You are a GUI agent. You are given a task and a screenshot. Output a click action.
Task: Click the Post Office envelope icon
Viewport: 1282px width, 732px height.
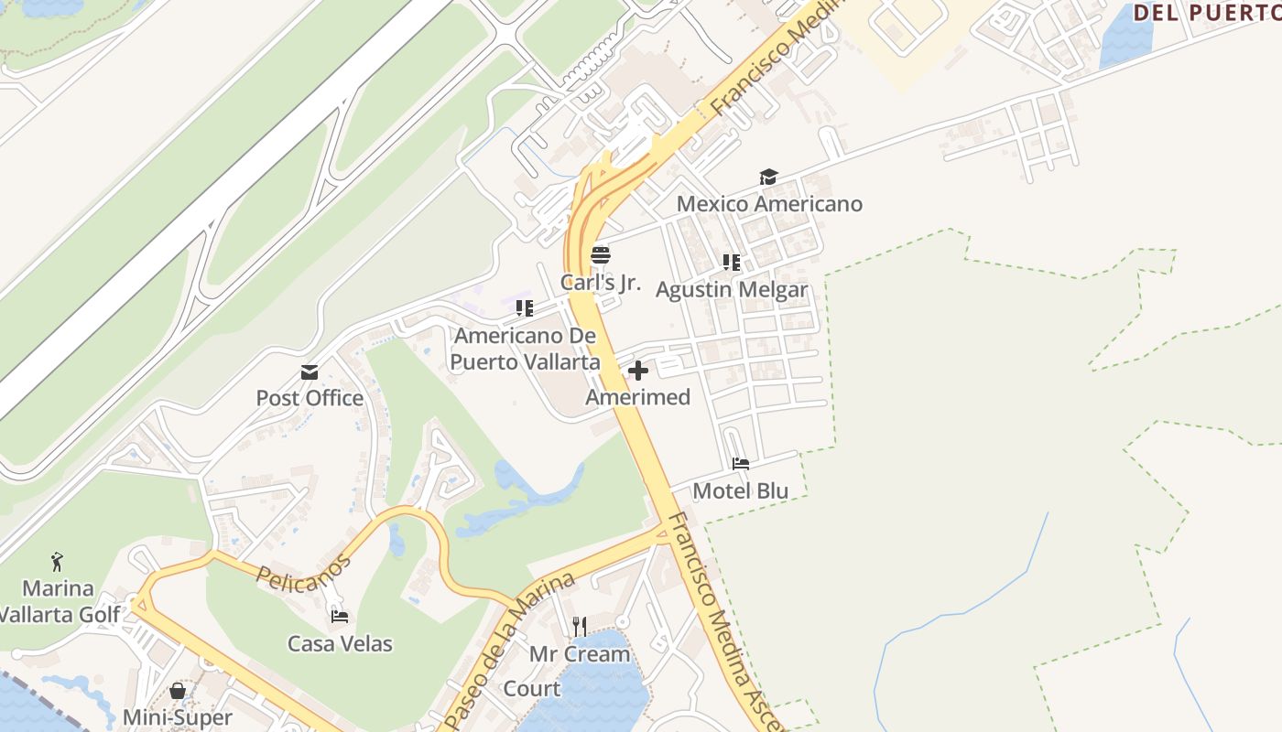tap(310, 372)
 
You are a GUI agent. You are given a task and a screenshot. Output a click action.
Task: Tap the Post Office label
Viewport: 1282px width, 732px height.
tap(310, 398)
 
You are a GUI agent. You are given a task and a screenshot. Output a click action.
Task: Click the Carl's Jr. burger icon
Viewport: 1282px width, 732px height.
tap(601, 255)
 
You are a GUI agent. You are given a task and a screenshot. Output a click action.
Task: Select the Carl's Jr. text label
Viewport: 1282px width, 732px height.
tap(601, 282)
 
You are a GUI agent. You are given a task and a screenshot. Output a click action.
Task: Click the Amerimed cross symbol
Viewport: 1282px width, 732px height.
tap(638, 371)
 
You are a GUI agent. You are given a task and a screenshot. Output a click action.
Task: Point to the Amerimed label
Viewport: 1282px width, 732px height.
tap(638, 397)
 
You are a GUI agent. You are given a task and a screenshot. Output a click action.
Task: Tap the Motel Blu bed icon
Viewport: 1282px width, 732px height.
tap(741, 464)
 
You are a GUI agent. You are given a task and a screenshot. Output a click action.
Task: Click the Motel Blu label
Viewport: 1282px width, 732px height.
tap(741, 490)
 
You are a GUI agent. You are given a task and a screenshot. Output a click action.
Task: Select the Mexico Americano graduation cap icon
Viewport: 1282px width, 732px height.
tap(768, 178)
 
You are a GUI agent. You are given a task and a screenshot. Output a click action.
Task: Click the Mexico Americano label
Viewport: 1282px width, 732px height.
tap(769, 203)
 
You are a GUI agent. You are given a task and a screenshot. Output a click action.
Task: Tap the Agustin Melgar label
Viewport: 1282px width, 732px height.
tap(732, 289)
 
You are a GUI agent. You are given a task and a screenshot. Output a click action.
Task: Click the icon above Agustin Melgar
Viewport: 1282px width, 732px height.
tap(731, 263)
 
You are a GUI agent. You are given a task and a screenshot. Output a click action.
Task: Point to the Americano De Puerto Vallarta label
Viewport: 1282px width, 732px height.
tap(525, 349)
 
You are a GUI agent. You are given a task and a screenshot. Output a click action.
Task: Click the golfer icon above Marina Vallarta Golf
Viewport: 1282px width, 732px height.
tap(58, 561)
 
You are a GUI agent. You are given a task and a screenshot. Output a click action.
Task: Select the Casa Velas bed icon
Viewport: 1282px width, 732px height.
tap(340, 617)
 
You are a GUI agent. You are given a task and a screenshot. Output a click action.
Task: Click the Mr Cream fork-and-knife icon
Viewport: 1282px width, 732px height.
tap(580, 627)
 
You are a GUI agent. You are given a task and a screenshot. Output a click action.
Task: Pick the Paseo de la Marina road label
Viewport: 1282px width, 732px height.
tap(508, 651)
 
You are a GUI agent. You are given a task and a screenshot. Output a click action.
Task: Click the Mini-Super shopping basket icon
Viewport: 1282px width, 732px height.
tap(178, 691)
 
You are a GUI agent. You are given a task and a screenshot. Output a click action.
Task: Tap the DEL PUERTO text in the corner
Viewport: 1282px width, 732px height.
tap(1207, 13)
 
